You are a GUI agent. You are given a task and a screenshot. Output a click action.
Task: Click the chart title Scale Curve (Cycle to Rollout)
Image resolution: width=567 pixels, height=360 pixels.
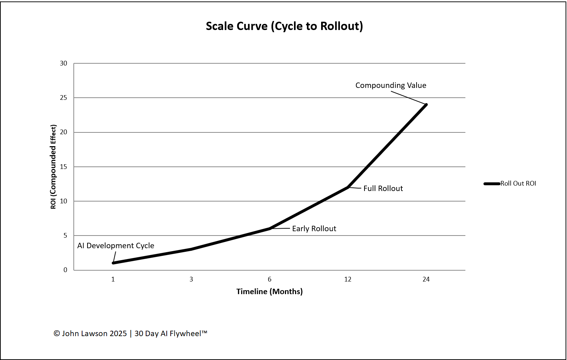coord(284,26)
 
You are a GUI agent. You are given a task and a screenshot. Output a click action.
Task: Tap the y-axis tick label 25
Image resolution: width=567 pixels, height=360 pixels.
coord(64,98)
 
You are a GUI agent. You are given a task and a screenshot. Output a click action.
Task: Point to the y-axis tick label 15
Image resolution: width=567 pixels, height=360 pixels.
coord(64,167)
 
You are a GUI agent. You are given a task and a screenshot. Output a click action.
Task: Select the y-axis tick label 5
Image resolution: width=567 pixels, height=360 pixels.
coord(65,236)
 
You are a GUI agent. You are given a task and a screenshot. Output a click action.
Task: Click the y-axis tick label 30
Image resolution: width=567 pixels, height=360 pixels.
coord(64,63)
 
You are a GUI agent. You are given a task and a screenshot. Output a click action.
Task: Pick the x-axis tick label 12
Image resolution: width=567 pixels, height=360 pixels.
coord(348,279)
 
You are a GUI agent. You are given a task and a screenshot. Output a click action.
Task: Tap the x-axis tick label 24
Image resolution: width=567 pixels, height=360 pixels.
coord(426,279)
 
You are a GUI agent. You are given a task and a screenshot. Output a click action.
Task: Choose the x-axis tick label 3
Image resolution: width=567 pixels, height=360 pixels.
coord(191,279)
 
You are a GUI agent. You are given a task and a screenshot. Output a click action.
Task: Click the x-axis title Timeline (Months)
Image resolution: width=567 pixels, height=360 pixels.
coord(269,292)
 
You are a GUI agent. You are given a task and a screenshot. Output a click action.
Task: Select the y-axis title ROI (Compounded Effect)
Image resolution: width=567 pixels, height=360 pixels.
coord(54,167)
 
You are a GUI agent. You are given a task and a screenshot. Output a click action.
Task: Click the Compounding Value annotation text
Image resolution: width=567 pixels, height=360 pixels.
coord(391,85)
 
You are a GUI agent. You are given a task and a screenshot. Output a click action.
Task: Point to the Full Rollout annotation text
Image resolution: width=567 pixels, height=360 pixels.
coord(383,189)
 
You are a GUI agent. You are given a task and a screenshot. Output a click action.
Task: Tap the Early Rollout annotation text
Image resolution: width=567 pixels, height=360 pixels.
coord(314,229)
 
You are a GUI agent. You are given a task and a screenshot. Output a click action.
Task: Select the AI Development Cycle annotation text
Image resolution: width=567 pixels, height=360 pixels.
coord(116,246)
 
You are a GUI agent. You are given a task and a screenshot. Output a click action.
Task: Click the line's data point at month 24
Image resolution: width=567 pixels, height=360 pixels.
coord(426,105)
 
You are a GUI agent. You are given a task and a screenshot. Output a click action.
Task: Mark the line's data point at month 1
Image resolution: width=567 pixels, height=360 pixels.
coord(113,263)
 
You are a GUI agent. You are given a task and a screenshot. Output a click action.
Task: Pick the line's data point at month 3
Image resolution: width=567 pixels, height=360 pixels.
coord(191,249)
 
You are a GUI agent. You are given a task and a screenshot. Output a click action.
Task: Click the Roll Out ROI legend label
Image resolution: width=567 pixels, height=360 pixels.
coord(518,183)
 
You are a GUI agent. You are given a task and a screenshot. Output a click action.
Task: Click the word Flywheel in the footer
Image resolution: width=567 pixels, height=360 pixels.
coord(185,334)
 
